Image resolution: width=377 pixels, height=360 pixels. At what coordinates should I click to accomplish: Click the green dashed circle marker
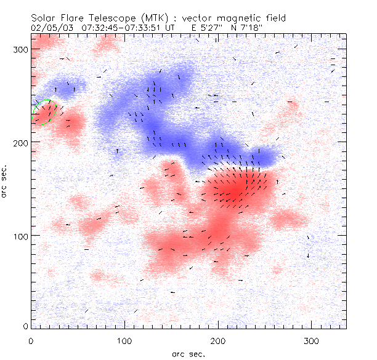[44, 112]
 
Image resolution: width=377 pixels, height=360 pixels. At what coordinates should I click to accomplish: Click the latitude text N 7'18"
[242, 27]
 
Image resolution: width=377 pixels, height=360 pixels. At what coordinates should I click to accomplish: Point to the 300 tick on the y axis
[21, 50]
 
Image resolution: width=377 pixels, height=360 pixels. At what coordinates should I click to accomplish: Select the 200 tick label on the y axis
[21, 143]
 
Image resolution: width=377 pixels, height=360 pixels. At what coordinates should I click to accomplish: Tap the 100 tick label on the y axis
[21, 236]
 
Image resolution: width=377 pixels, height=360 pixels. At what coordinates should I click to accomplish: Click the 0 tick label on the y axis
[25, 326]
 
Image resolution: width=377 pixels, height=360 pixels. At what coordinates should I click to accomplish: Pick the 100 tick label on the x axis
[124, 340]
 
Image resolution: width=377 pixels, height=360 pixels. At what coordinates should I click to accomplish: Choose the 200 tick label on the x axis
[217, 340]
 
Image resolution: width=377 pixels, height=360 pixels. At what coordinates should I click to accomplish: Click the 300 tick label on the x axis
[310, 340]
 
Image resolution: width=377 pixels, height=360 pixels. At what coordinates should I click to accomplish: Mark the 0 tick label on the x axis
[31, 340]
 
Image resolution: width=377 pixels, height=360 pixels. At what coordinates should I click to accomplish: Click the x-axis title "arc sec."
[188, 354]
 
